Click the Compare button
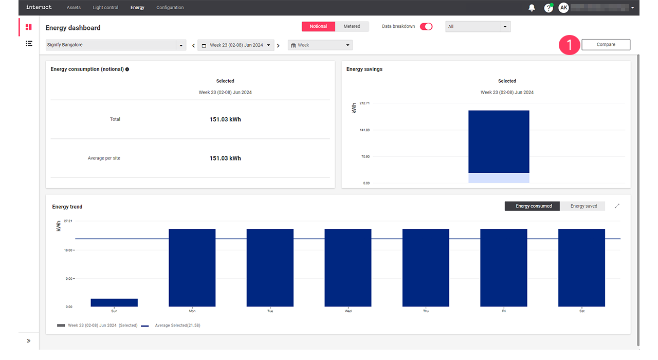coord(606,45)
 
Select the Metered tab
coord(352,27)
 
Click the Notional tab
coord(318,27)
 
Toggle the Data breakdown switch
coord(426,27)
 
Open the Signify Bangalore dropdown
coord(116,45)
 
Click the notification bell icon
coord(532,8)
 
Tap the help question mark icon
coord(548,8)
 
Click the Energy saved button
coord(583,206)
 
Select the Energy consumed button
coord(534,206)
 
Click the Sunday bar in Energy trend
coord(114,302)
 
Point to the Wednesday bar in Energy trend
coord(348,267)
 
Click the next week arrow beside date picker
coord(278,46)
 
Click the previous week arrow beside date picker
coord(193,46)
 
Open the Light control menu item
coord(105,8)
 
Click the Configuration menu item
coord(170,8)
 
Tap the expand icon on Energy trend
coord(617,206)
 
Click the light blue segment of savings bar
coord(499,178)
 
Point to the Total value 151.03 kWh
coord(225,119)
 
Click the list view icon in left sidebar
coord(29,44)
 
